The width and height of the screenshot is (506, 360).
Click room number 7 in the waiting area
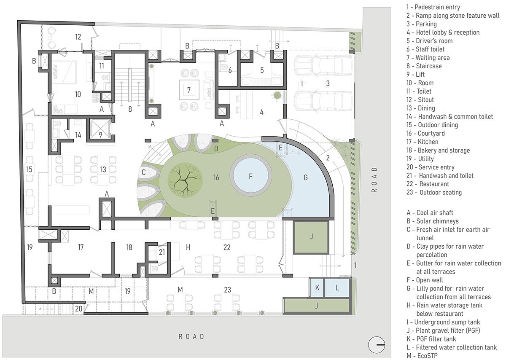click(189, 89)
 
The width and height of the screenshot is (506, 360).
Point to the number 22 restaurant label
click(227, 247)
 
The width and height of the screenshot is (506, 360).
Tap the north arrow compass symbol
click(378, 345)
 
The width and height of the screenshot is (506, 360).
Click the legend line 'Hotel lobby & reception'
click(443, 32)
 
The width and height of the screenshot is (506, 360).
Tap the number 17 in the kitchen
click(81, 247)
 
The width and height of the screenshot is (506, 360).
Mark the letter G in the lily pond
click(306, 177)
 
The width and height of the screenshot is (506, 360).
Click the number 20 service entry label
click(79, 309)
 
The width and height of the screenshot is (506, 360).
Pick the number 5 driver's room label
click(262, 70)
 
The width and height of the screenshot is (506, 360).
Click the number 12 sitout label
click(78, 37)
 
